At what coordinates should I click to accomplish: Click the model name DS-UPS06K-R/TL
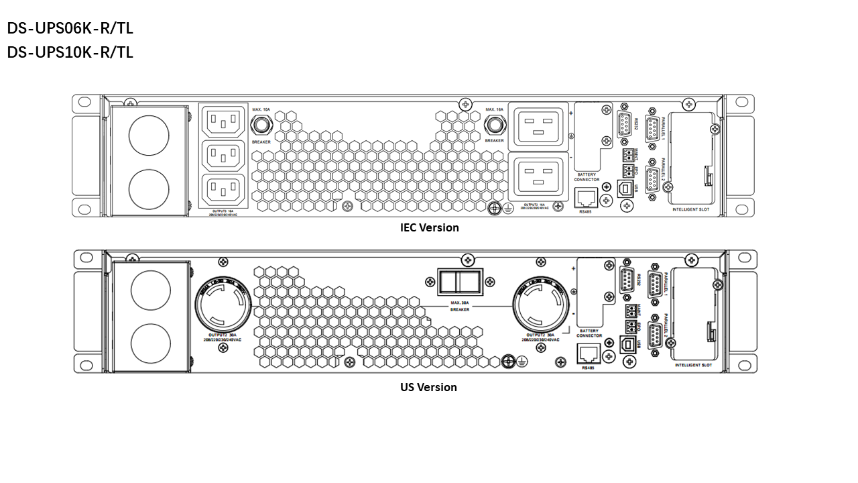pos(70,29)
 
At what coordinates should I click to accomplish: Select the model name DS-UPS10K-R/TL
pos(70,52)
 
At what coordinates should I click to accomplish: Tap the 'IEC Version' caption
pos(429,227)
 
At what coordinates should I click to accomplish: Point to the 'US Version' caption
pos(428,387)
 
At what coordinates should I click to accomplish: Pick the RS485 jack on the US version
pos(587,354)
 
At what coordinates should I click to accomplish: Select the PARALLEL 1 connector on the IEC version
pos(651,128)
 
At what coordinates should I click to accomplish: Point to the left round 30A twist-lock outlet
pos(223,304)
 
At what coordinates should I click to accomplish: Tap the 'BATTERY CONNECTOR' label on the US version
pos(589,333)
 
